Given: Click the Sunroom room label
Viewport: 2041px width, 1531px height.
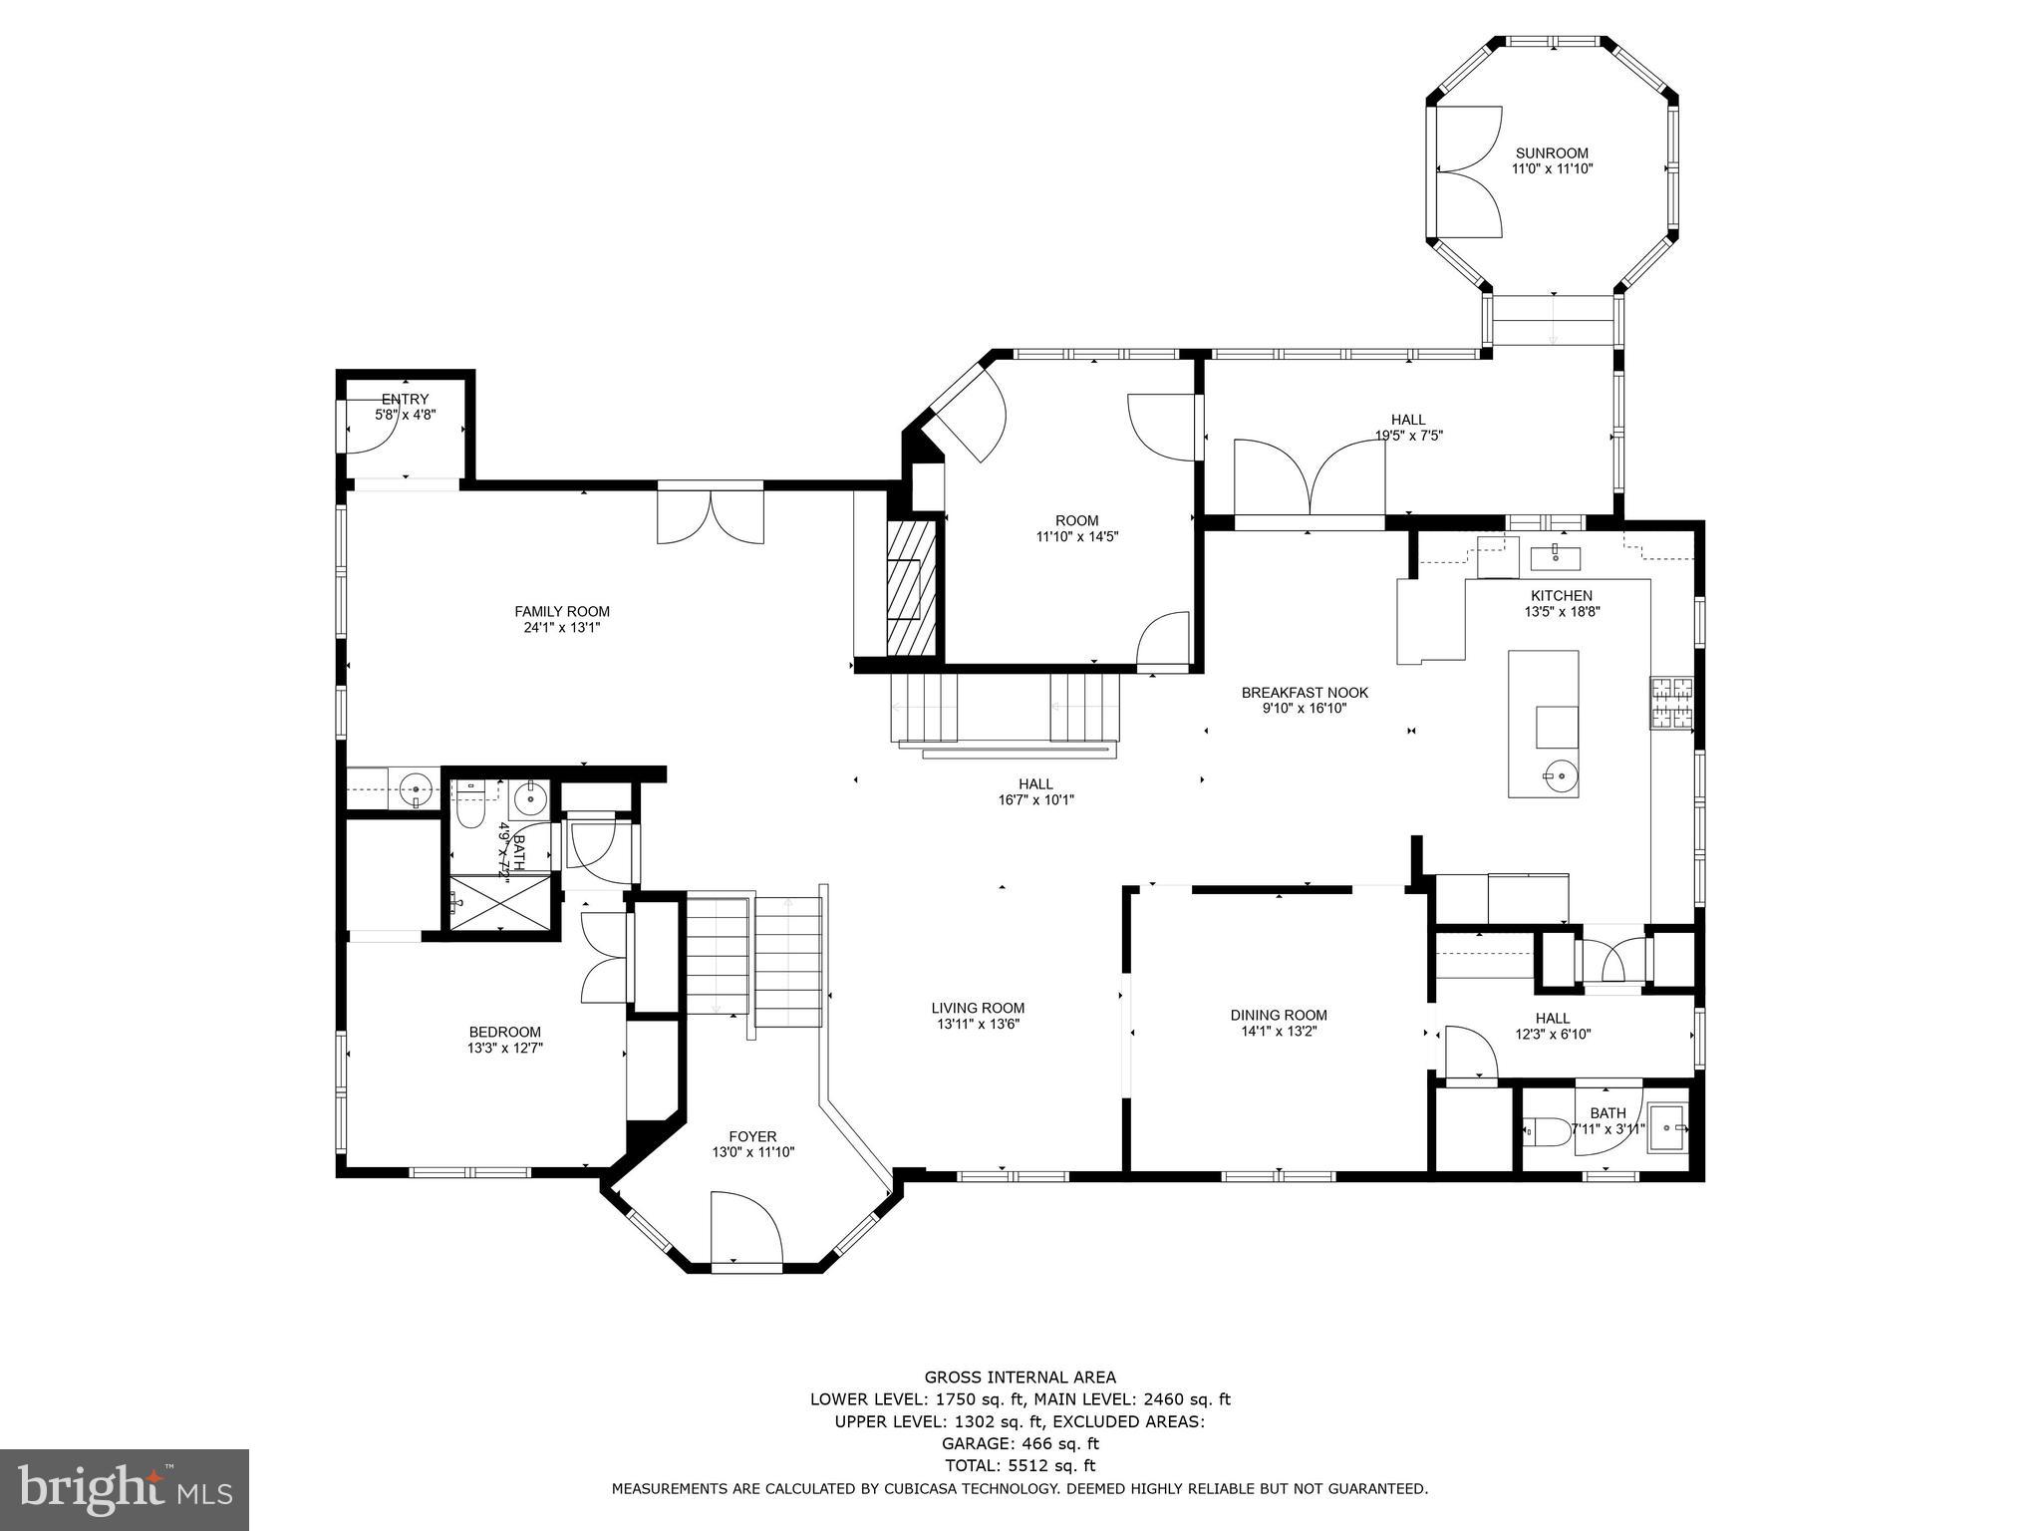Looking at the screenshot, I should click(x=1552, y=153).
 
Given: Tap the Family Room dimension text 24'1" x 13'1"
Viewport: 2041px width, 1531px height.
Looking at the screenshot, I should click(x=562, y=628).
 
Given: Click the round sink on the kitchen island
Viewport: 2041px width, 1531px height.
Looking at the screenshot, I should click(x=1561, y=771).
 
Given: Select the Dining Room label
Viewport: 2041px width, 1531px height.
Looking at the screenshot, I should click(x=1279, y=1016).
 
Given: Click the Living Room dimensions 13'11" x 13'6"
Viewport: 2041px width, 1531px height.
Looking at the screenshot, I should click(x=978, y=1024).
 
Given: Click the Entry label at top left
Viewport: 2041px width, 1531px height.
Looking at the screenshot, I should click(x=405, y=400).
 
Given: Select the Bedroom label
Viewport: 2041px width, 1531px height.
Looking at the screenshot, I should click(x=504, y=1032).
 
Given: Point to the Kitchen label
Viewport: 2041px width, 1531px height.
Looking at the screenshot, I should click(x=1562, y=596).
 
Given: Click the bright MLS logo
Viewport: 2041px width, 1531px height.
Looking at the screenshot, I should click(x=125, y=1489).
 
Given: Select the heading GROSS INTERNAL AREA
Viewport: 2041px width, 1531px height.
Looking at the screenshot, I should click(x=1020, y=1378).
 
